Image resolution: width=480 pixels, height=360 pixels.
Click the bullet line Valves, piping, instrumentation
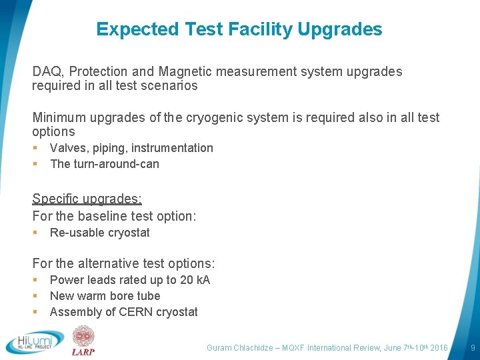[x=131, y=148]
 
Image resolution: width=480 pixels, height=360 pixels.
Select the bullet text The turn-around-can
[x=105, y=164]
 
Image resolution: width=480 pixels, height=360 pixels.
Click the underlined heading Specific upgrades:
[x=87, y=199]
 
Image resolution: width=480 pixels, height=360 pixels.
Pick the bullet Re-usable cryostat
[x=99, y=233]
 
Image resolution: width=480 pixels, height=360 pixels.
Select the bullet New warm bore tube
[x=105, y=296]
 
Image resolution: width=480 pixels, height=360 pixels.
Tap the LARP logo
[x=83, y=341]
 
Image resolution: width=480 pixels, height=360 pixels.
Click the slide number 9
[x=473, y=348]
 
